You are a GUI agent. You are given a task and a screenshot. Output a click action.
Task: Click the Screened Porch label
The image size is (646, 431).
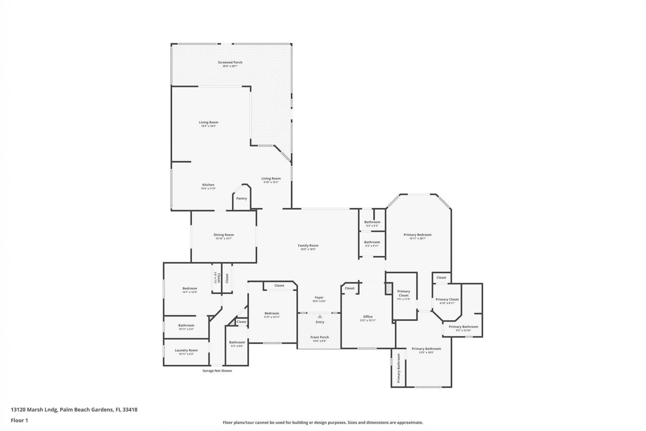pyautogui.click(x=230, y=62)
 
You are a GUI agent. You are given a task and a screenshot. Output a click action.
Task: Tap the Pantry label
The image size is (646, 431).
pyautogui.click(x=241, y=198)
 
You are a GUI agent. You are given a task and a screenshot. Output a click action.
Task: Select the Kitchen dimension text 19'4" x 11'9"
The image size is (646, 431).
pyautogui.click(x=208, y=189)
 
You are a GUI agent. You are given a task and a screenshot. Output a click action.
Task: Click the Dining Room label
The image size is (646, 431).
pyautogui.click(x=223, y=235)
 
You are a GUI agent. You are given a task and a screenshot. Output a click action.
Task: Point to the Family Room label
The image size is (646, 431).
pyautogui.click(x=308, y=245)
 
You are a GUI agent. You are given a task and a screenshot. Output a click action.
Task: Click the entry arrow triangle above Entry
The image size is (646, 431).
pyautogui.click(x=320, y=316)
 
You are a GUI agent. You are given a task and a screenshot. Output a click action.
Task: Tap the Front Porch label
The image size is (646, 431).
pyautogui.click(x=319, y=337)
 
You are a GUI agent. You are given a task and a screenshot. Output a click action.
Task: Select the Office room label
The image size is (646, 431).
pyautogui.click(x=367, y=317)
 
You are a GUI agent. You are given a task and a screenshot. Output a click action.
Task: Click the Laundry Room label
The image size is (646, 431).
pyautogui.click(x=186, y=350)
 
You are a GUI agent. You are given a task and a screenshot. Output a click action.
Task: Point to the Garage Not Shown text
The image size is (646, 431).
pyautogui.click(x=217, y=371)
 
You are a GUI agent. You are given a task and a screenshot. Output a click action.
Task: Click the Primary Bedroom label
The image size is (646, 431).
pyautogui.click(x=417, y=235)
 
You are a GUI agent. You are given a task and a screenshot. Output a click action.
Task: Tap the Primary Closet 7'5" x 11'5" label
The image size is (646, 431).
pyautogui.click(x=403, y=293)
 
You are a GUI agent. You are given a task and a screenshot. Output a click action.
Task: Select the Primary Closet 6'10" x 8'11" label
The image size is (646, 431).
pyautogui.click(x=447, y=299)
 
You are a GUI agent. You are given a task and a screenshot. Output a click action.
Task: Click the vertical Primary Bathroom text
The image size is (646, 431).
pyautogui.click(x=399, y=368)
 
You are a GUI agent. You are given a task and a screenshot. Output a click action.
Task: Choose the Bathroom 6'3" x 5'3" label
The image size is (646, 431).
pyautogui.click(x=372, y=222)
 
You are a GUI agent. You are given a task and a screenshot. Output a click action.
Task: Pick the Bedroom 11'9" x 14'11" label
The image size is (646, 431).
pyautogui.click(x=272, y=313)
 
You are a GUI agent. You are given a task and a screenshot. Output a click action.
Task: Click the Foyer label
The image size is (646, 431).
pyautogui.click(x=319, y=297)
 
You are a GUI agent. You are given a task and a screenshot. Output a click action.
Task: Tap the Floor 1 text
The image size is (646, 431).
pyautogui.click(x=19, y=420)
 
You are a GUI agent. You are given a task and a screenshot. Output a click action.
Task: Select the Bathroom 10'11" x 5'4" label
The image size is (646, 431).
pyautogui.click(x=186, y=325)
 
